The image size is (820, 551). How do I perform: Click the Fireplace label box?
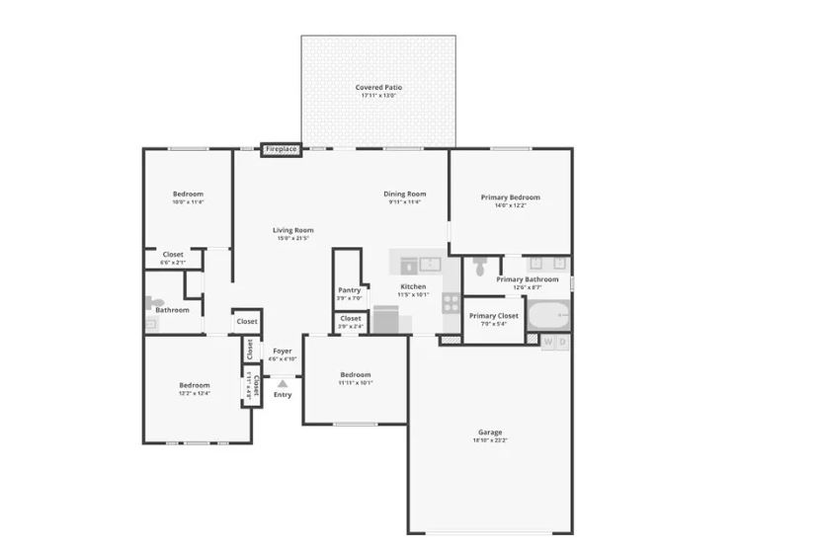pyautogui.click(x=281, y=149)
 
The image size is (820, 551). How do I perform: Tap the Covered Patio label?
pyautogui.click(x=378, y=88)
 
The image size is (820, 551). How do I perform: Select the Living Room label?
pyautogui.click(x=292, y=230)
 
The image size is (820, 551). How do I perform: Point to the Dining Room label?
pyautogui.click(x=404, y=194)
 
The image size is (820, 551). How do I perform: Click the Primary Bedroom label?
pyautogui.click(x=510, y=197)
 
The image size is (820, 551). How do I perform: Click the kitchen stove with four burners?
pyautogui.click(x=451, y=304)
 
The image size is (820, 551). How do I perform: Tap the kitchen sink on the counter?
pyautogui.click(x=430, y=264)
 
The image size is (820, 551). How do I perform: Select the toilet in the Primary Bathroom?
pyautogui.click(x=480, y=266)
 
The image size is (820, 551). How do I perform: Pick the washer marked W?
pyautogui.click(x=548, y=342)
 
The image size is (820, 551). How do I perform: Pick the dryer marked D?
pyautogui.click(x=563, y=342)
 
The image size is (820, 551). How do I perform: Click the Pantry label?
pyautogui.click(x=350, y=290)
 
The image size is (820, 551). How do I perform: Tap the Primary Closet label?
pyautogui.click(x=493, y=316)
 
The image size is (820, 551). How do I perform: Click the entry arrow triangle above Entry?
pyautogui.click(x=283, y=383)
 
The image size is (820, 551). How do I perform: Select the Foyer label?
pyautogui.click(x=283, y=351)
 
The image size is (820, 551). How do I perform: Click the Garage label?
pyautogui.click(x=490, y=432)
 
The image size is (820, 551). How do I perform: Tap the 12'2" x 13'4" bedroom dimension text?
pyautogui.click(x=194, y=393)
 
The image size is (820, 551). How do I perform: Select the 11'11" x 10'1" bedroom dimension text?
pyautogui.click(x=356, y=382)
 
